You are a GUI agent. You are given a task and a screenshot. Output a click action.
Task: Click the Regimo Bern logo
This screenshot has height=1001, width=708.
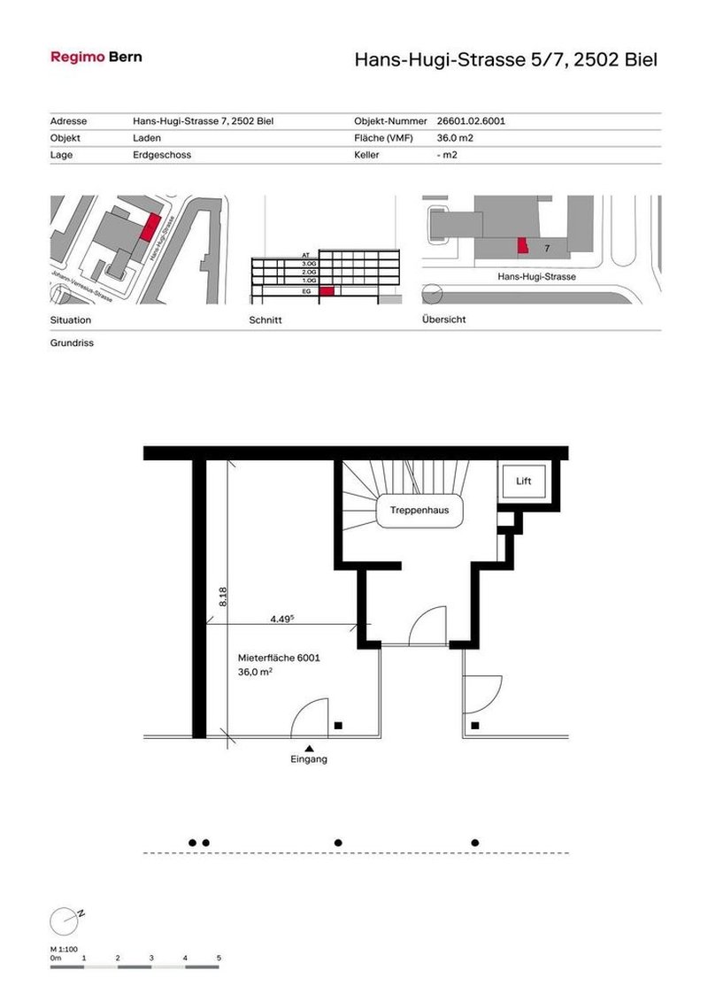coord(96,57)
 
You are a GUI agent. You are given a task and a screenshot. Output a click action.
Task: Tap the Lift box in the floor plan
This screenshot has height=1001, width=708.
coord(524,481)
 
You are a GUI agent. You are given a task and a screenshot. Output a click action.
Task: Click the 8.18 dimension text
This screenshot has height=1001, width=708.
coord(222,597)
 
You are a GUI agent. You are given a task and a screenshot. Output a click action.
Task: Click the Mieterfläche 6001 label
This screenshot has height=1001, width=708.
coord(278,658)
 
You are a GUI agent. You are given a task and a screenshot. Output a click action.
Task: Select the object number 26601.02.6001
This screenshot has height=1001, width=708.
coord(472,121)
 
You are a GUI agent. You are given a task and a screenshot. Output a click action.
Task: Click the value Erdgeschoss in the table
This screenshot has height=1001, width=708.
coord(162,155)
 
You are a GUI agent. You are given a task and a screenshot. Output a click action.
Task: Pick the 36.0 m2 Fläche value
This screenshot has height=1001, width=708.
coord(457,138)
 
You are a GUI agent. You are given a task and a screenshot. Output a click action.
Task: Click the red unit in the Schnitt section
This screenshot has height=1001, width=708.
coord(327,290)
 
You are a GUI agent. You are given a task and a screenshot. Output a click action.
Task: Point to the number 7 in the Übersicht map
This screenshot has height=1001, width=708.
coord(547,248)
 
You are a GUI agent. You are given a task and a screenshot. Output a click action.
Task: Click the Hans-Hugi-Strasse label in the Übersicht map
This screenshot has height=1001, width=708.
coord(536,277)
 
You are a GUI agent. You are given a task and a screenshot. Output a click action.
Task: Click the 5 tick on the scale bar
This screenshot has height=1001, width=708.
coord(219,959)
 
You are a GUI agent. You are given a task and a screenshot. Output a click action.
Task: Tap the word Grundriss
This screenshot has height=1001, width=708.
coord(72,343)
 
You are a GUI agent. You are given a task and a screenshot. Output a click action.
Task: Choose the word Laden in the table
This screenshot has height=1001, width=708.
coord(147,138)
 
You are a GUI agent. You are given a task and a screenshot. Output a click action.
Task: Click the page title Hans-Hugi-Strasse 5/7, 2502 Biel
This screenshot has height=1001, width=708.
coord(505,60)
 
